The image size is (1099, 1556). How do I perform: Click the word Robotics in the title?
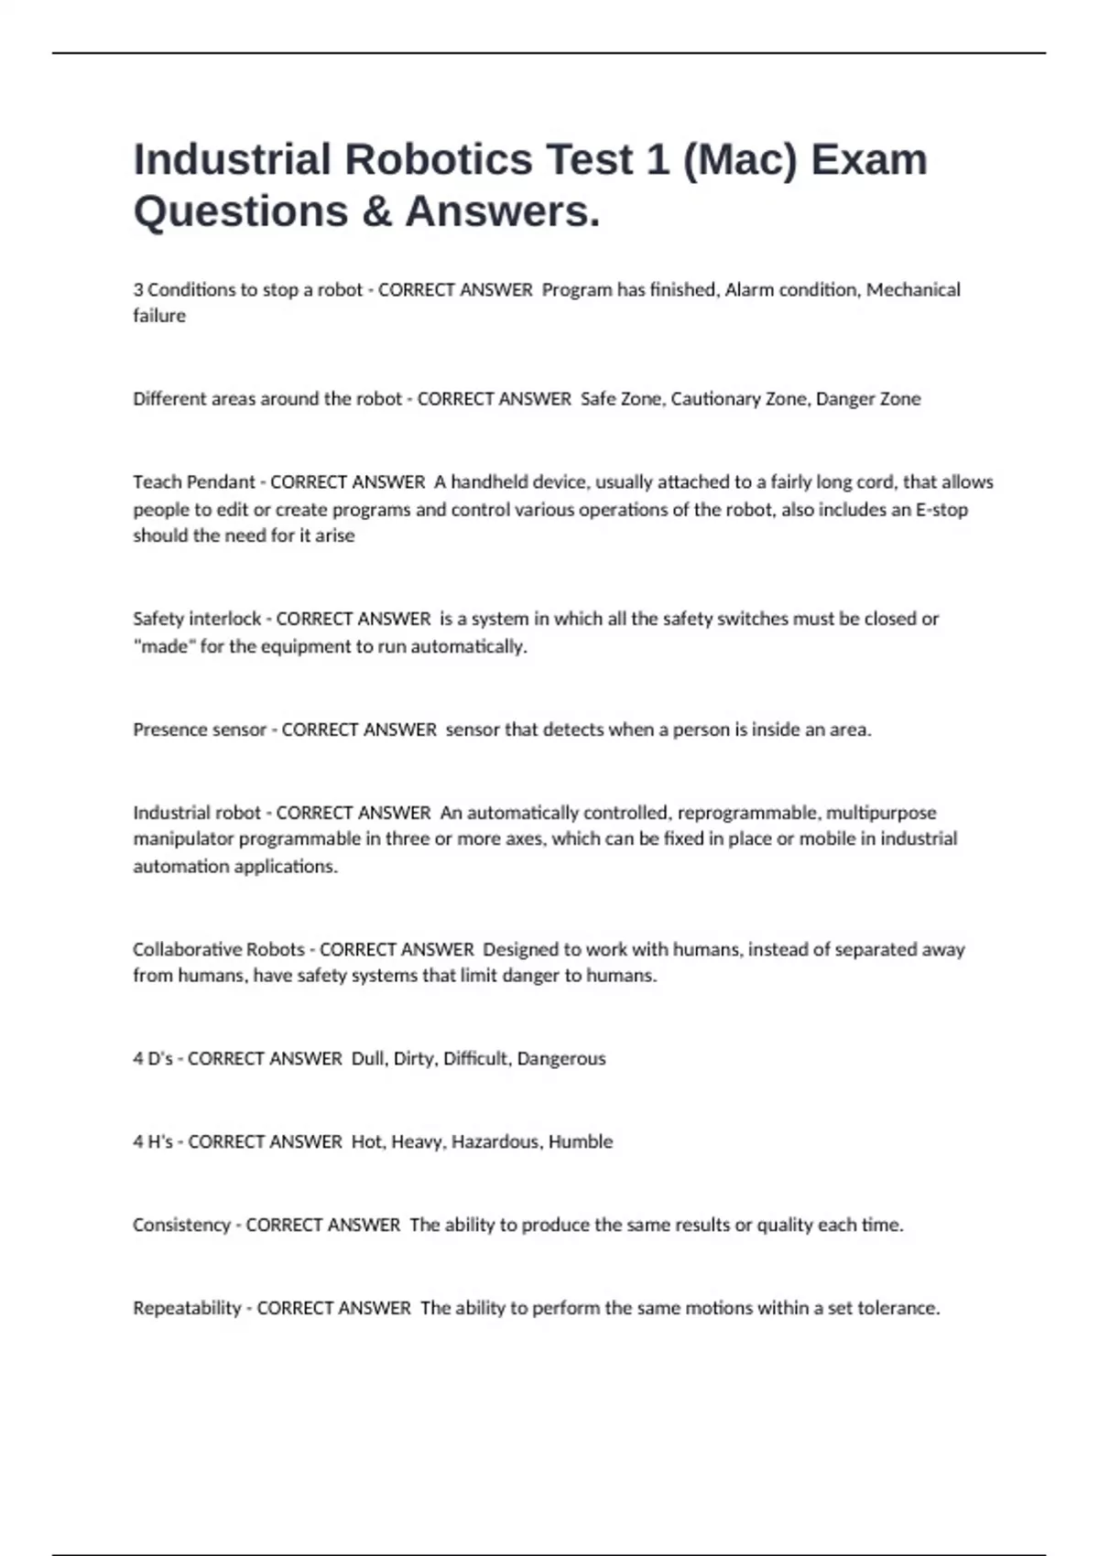(x=438, y=159)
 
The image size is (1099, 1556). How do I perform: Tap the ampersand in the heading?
(x=376, y=211)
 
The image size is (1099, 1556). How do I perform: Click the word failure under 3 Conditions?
(x=159, y=316)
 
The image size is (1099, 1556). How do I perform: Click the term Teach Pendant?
(x=194, y=482)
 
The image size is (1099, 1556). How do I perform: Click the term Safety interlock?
(x=197, y=619)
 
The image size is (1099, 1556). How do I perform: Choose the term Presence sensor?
(x=200, y=730)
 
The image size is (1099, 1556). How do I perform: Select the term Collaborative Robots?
(x=219, y=950)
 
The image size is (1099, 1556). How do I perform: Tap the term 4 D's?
(x=153, y=1059)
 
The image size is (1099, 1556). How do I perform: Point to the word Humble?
(x=580, y=1142)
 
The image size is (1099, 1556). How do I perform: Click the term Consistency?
(x=181, y=1226)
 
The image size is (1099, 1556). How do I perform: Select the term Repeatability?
(x=187, y=1309)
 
